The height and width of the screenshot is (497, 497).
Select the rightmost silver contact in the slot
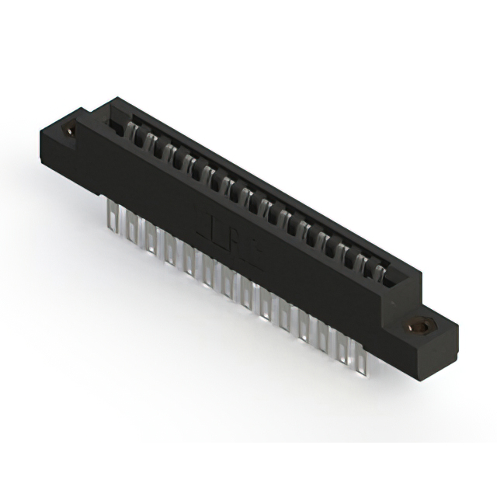pos(377,269)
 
